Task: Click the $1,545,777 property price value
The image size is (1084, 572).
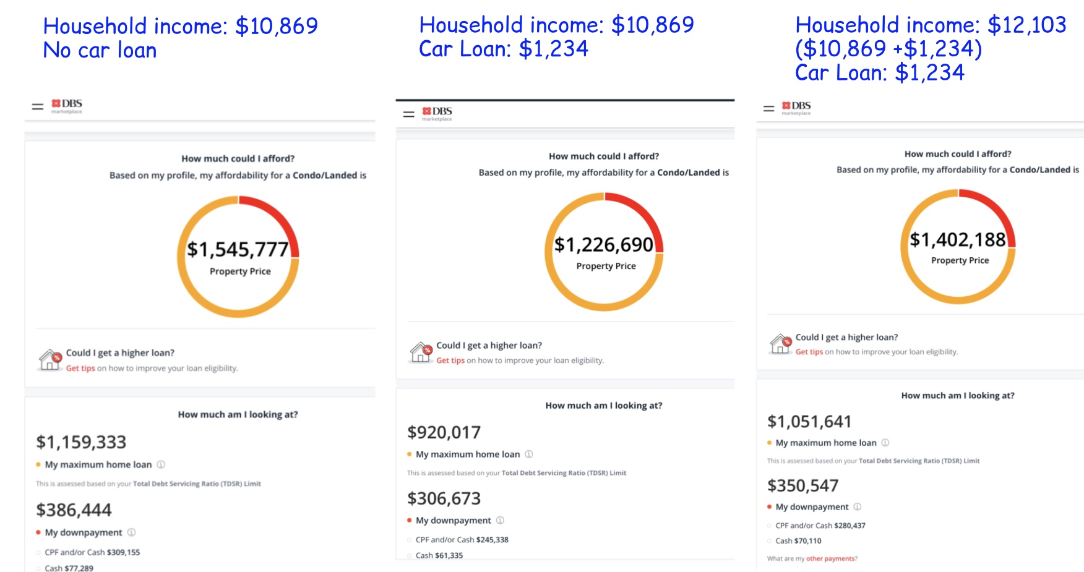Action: coord(238,249)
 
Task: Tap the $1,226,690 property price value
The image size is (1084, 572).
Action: coord(604,245)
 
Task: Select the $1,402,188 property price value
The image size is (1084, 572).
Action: coord(958,240)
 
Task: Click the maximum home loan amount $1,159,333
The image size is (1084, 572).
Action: coord(81,442)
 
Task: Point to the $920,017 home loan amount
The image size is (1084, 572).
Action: coord(444,432)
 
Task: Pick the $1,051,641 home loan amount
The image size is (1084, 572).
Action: coord(809,422)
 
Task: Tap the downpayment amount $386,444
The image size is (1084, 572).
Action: coord(74,510)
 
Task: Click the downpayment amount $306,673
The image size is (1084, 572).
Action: coord(444,498)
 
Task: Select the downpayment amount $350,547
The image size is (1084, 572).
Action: coord(802,486)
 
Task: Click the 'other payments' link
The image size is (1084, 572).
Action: coord(831,558)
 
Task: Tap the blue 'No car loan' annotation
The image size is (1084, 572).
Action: coord(100,50)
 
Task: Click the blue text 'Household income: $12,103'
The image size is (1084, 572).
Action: coord(931,25)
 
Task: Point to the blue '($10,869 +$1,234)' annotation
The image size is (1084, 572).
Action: coord(888,48)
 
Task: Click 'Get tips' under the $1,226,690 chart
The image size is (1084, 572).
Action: coord(450,361)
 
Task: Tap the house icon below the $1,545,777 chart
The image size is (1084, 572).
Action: coord(50,359)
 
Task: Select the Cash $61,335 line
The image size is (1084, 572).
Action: coord(439,555)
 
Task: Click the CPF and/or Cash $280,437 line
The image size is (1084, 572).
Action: coord(820,526)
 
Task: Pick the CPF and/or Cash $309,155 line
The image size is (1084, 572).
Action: coord(92,552)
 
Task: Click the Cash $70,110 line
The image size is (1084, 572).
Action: coord(798,540)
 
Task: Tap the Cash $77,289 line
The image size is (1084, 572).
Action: coord(69,568)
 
